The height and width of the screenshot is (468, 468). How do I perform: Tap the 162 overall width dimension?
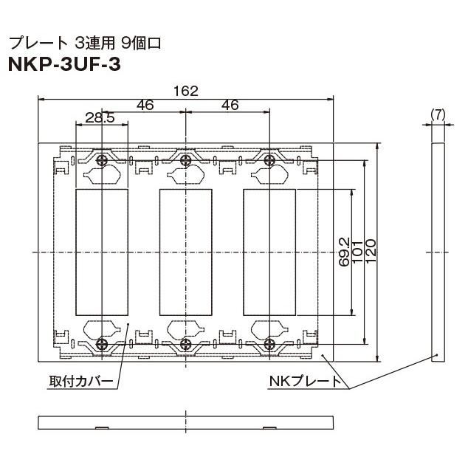tap(185, 91)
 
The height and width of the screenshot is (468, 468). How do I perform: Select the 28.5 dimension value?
tap(100, 118)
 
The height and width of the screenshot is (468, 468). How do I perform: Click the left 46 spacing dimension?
tap(145, 106)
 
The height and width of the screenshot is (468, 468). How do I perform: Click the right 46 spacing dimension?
tap(230, 106)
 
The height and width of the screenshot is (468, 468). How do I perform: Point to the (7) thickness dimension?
tap(438, 114)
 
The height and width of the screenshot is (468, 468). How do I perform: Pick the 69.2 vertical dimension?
tap(344, 252)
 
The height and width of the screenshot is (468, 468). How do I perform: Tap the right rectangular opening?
tap(269, 252)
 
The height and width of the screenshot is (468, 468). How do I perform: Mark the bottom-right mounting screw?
tap(269, 343)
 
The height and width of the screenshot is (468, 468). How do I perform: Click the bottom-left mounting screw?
tap(103, 343)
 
